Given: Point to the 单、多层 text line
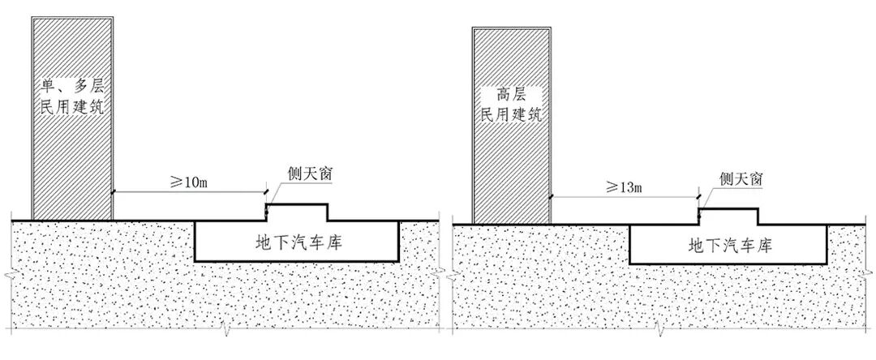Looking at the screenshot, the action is click(x=71, y=84).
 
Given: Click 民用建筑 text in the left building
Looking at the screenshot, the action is click(x=71, y=106).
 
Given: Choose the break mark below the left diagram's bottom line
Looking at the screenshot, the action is click(x=224, y=332).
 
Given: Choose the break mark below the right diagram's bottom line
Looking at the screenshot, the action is click(x=661, y=332).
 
